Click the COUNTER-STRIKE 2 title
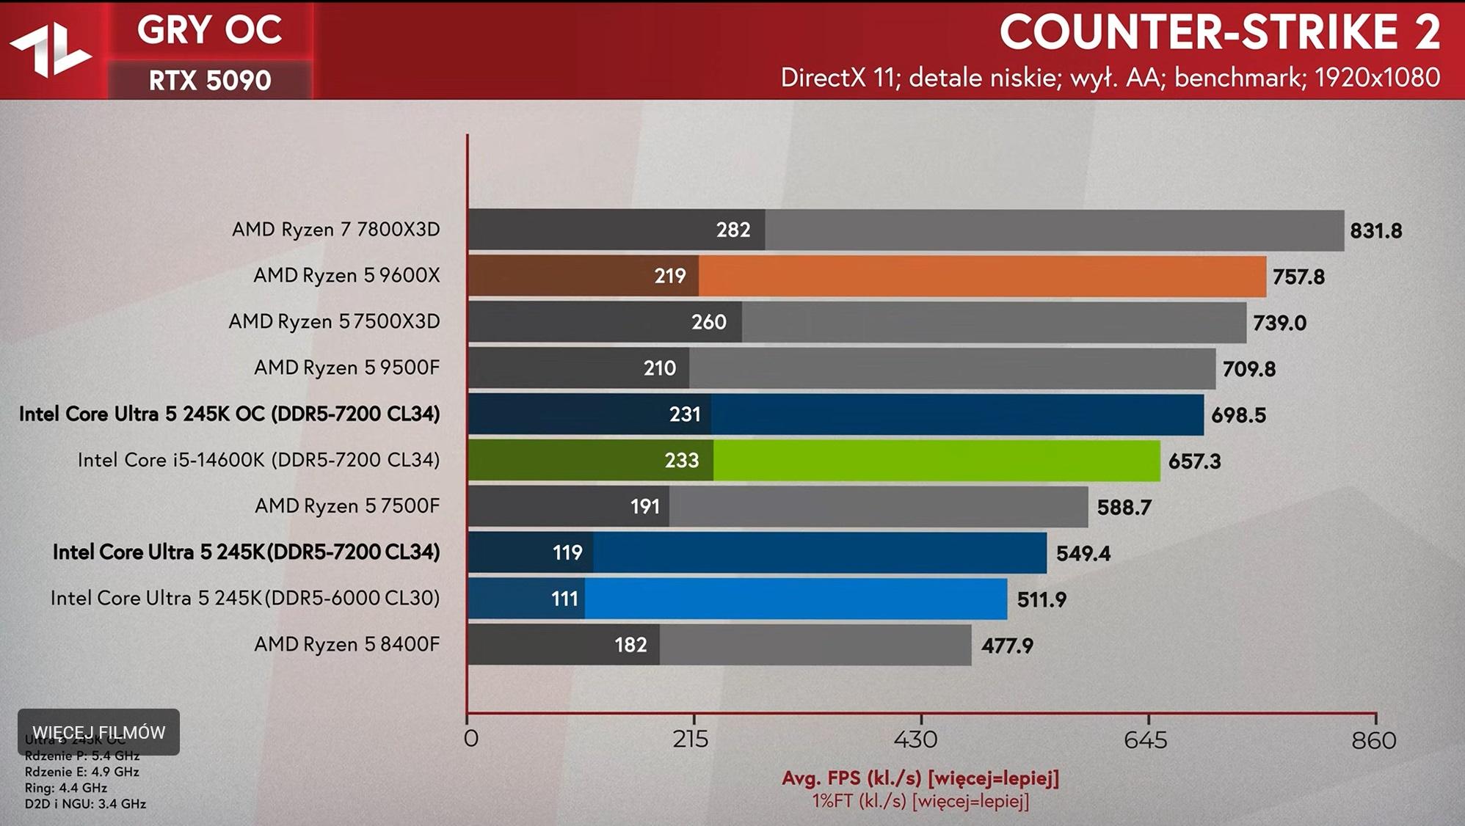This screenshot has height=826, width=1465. coord(1219,32)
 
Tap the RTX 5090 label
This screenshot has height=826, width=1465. coord(210,80)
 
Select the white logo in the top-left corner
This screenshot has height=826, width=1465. coord(50,50)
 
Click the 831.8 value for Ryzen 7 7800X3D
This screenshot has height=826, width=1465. coord(1375,231)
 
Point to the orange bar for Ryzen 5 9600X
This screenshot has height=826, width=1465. coord(982,276)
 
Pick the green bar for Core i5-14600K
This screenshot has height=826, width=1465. coord(936,461)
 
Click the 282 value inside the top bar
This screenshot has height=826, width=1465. coord(732,230)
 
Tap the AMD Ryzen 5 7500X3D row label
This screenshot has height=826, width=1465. coord(334,321)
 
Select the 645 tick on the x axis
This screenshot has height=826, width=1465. coord(1145,739)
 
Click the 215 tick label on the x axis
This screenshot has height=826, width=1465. coord(691,739)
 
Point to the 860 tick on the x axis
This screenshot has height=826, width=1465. coord(1373,739)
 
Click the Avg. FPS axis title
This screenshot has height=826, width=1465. coord(920,778)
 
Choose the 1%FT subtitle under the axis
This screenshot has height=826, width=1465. coord(920,801)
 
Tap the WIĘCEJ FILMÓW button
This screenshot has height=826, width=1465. coord(99,732)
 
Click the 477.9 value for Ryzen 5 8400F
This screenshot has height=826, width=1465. coord(1007,646)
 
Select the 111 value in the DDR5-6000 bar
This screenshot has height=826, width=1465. coord(564,599)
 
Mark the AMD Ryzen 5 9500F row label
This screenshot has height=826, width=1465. coord(346,367)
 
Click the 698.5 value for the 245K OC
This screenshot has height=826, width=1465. coord(1238,415)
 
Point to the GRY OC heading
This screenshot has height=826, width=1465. coord(209,31)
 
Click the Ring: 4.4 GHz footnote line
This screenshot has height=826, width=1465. coord(66,788)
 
